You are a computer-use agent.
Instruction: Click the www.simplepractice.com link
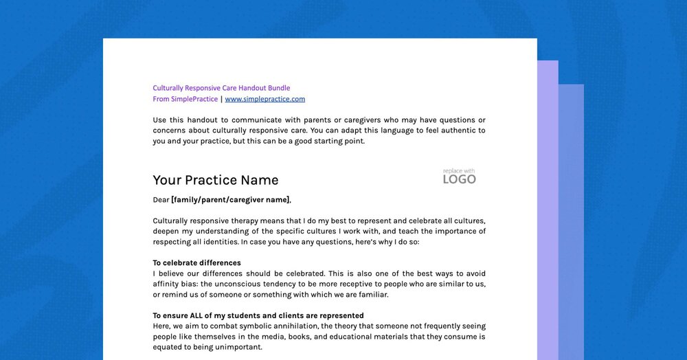[x=264, y=99]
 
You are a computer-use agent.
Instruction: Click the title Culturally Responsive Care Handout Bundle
[x=221, y=88]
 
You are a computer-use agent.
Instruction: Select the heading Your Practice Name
[x=215, y=180]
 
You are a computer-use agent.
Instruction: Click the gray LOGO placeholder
[x=459, y=180]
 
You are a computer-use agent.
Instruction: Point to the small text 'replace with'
[x=459, y=170]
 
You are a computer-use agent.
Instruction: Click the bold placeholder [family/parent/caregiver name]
[x=230, y=200]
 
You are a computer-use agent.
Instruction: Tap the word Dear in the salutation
[x=161, y=200]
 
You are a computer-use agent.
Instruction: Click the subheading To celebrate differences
[x=196, y=262]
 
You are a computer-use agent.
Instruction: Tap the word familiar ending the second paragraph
[x=371, y=295]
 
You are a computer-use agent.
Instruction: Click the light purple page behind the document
[x=548, y=206]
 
